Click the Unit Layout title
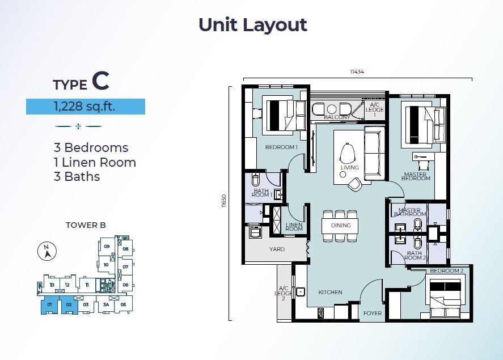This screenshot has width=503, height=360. [x=253, y=25]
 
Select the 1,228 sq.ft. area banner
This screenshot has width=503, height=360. [x=85, y=107]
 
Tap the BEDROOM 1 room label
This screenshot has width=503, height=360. [x=281, y=147]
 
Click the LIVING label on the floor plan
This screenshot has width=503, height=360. [x=350, y=167]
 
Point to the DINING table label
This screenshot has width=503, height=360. [x=341, y=226]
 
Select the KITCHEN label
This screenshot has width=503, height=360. [x=330, y=292]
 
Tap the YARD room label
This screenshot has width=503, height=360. [x=277, y=249]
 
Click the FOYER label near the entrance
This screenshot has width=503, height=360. [x=373, y=313]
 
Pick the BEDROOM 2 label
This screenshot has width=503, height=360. [x=446, y=271]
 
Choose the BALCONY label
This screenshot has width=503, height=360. [x=337, y=117]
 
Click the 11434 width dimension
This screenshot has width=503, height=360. [x=357, y=72]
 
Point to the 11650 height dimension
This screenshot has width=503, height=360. [x=224, y=201]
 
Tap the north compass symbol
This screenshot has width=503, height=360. [x=47, y=251]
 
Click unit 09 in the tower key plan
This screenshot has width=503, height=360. [x=107, y=246]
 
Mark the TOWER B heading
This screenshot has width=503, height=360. [x=86, y=225]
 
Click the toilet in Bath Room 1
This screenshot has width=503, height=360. [x=255, y=180]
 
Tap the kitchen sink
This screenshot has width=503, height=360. [x=300, y=292]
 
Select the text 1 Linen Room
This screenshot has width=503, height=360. [x=95, y=162]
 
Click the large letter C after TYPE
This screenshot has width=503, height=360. [x=100, y=81]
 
